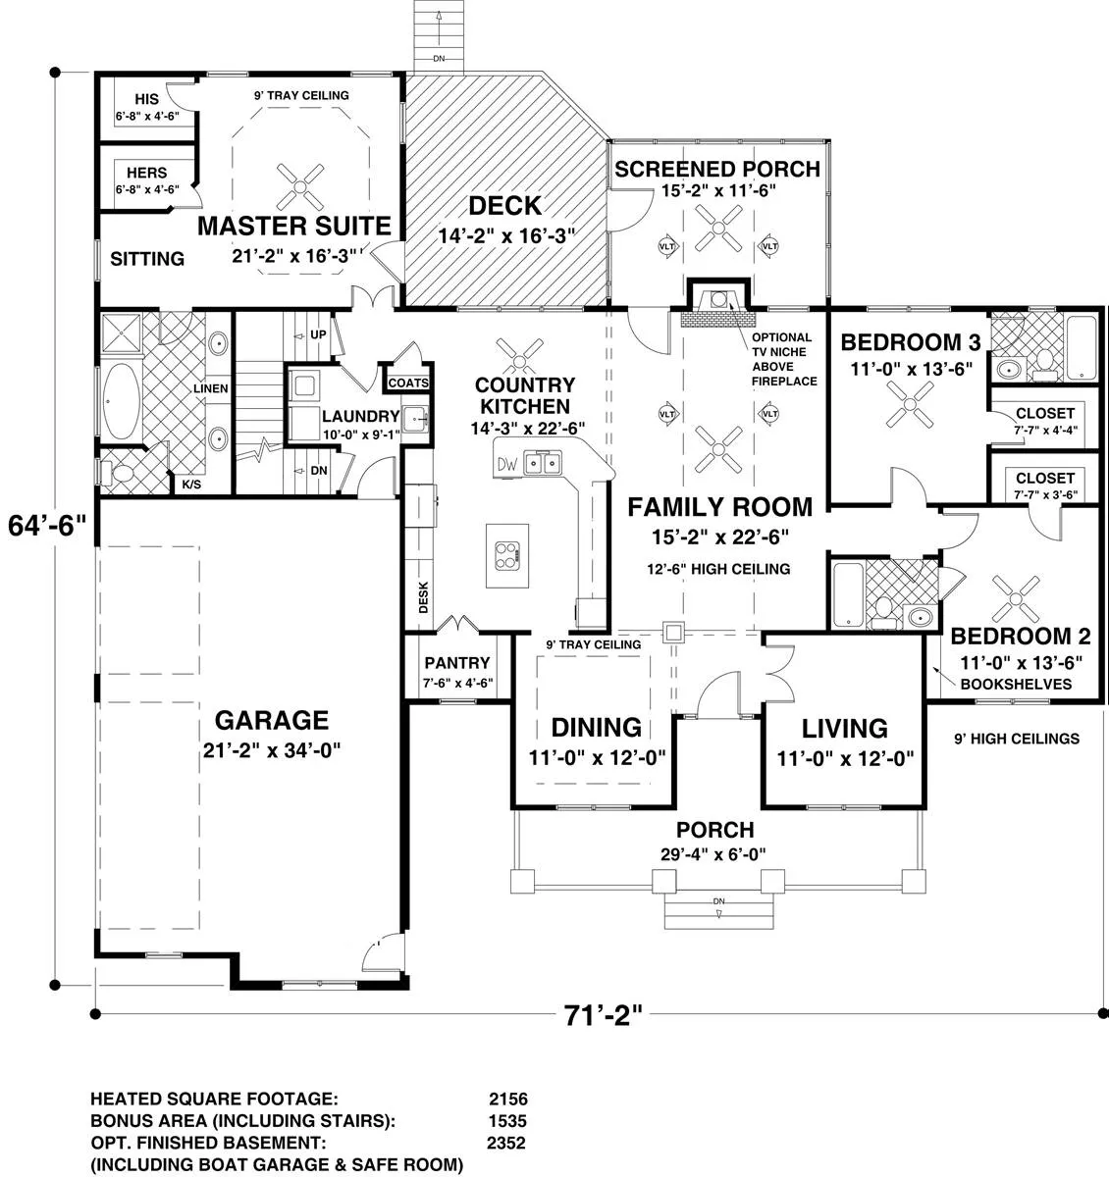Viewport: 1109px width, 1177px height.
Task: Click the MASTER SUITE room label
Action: [294, 226]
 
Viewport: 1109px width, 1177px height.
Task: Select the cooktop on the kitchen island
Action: [507, 556]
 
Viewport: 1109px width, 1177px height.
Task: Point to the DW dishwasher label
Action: [507, 464]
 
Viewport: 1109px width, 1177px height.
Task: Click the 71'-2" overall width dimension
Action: [603, 1014]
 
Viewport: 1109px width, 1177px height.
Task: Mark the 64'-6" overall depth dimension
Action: [47, 525]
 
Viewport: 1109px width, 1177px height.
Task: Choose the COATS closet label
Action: [408, 383]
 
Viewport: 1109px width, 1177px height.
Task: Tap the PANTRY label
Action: [457, 663]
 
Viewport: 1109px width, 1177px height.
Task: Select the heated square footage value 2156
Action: [508, 1100]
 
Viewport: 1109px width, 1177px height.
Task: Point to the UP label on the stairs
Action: [318, 334]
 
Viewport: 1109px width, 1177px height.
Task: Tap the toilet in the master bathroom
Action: [119, 473]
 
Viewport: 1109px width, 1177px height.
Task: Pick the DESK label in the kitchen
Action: [423, 596]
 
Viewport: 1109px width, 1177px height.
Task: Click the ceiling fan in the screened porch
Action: [718, 228]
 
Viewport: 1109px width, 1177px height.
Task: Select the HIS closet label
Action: [146, 99]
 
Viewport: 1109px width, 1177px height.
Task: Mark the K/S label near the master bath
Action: [191, 485]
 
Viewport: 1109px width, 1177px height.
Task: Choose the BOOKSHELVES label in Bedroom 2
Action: [1016, 685]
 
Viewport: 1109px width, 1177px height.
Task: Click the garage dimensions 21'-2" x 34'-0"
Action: [272, 751]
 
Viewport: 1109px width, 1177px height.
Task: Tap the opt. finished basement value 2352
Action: [506, 1143]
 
